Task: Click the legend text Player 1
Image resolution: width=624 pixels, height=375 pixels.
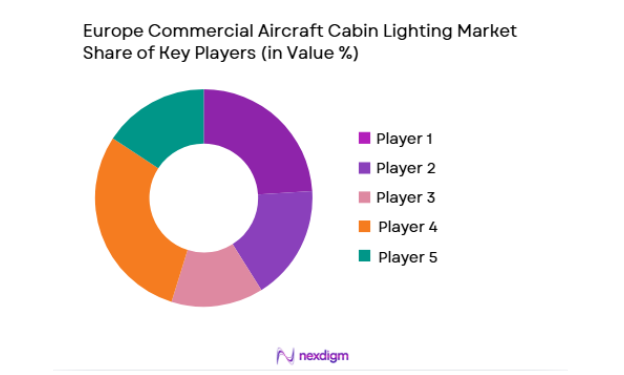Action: click(406, 138)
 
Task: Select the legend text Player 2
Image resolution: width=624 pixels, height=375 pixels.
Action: click(406, 167)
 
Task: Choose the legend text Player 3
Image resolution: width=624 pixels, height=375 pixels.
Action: click(406, 197)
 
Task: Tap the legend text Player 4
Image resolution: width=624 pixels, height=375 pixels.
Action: click(406, 227)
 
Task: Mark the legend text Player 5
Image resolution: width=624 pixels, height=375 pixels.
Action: click(406, 257)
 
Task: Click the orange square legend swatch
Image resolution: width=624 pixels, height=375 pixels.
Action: click(364, 227)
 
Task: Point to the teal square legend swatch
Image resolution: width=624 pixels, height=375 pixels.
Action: click(364, 257)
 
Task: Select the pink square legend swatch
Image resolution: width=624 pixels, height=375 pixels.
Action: click(364, 197)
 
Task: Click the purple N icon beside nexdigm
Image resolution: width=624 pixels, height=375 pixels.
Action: click(283, 355)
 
